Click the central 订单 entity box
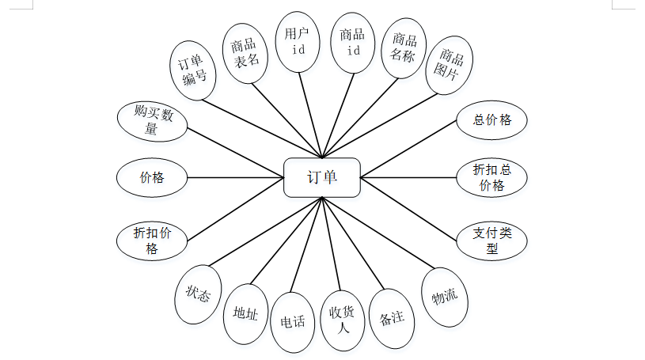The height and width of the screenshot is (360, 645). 322,178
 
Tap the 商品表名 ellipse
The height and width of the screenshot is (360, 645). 245,54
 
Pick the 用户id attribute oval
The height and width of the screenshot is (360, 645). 299,43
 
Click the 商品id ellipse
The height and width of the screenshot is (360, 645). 351,43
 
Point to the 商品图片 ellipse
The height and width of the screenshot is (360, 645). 449,66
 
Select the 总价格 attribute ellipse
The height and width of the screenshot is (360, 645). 492,120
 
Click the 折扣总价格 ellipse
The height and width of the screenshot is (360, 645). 492,178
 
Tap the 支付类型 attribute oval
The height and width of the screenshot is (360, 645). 492,241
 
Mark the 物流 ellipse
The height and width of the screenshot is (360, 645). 444,297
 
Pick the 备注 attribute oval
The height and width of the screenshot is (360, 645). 392,318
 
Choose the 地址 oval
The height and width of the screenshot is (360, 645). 246,313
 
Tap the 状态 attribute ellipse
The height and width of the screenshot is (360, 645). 198,294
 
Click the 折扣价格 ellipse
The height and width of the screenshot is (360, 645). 152,241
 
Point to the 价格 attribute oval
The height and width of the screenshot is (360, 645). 152,178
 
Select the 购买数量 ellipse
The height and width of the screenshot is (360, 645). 152,120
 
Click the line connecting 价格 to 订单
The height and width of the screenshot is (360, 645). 235,178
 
